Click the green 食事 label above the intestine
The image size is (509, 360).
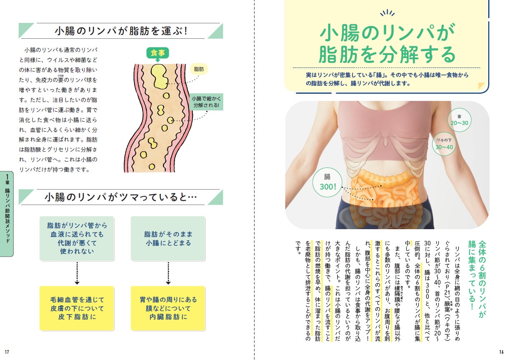[x=157, y=53]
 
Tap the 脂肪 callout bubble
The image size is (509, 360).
[x=199, y=69]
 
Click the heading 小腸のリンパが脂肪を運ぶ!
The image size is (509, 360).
[x=120, y=31]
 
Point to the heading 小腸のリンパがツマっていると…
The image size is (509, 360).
[x=121, y=197]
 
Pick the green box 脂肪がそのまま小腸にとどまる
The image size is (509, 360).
[x=168, y=239]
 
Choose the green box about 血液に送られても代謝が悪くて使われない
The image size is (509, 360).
[x=77, y=239]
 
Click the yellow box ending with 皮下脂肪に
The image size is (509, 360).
[x=77, y=308]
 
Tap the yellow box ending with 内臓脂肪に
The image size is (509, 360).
[x=168, y=308]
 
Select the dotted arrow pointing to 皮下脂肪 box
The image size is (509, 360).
[x=77, y=273]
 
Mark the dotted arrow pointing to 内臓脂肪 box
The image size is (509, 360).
[x=168, y=273]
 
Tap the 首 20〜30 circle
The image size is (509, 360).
[x=459, y=120]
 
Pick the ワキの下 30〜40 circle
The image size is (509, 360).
[x=444, y=144]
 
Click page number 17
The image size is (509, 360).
[x=7, y=352]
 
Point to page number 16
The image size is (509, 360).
[x=501, y=352]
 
